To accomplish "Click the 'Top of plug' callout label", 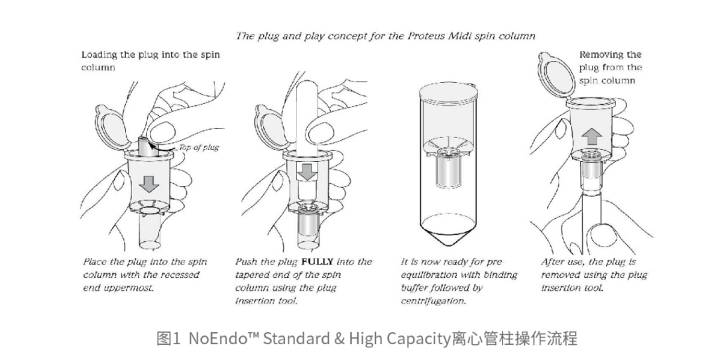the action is pos(199,147).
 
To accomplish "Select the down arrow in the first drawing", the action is pos(149,183).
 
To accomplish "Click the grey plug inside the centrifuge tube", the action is pos(448,168).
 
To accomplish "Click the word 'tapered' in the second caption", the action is pos(253,275).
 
